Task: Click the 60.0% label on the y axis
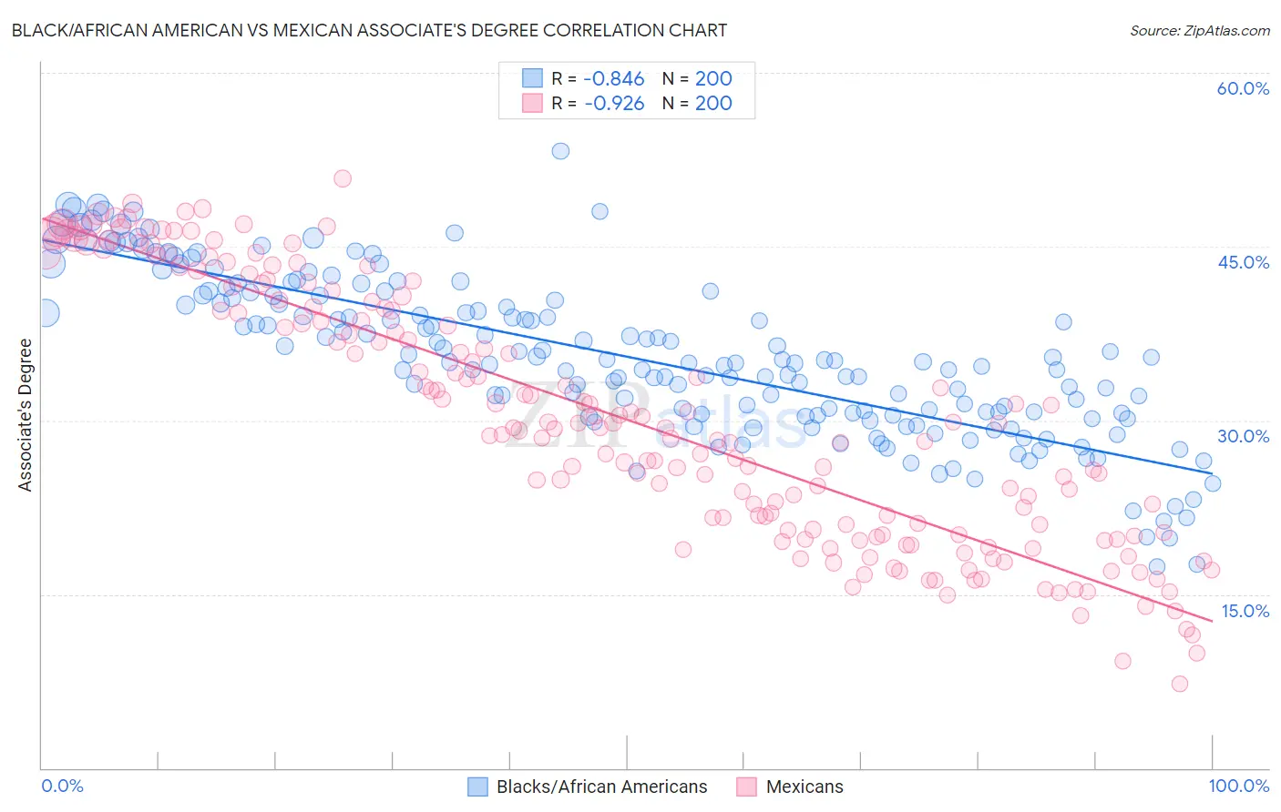tap(1243, 88)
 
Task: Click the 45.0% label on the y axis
tap(1243, 262)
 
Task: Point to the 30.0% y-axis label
tap(1243, 436)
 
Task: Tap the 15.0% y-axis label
tap(1245, 610)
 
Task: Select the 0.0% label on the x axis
tap(63, 786)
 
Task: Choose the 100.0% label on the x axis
tap(1238, 786)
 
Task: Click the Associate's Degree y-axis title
tap(26, 415)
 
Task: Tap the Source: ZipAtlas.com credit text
tap(1199, 30)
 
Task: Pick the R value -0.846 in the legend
tap(614, 78)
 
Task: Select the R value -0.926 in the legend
tap(614, 103)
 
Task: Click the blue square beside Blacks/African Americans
tap(478, 787)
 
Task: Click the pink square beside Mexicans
tap(747, 787)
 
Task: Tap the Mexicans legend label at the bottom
tap(804, 787)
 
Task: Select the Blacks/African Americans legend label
tap(601, 787)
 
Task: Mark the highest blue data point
tap(560, 151)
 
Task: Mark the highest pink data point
tap(343, 178)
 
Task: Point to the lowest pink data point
tap(1179, 684)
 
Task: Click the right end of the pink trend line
tap(1212, 621)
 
